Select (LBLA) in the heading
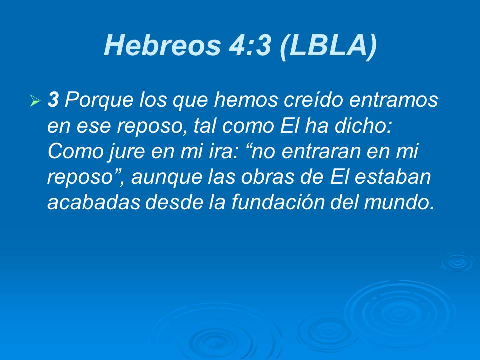coord(327,46)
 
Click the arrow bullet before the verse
coord(35,102)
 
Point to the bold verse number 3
coord(53,100)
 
